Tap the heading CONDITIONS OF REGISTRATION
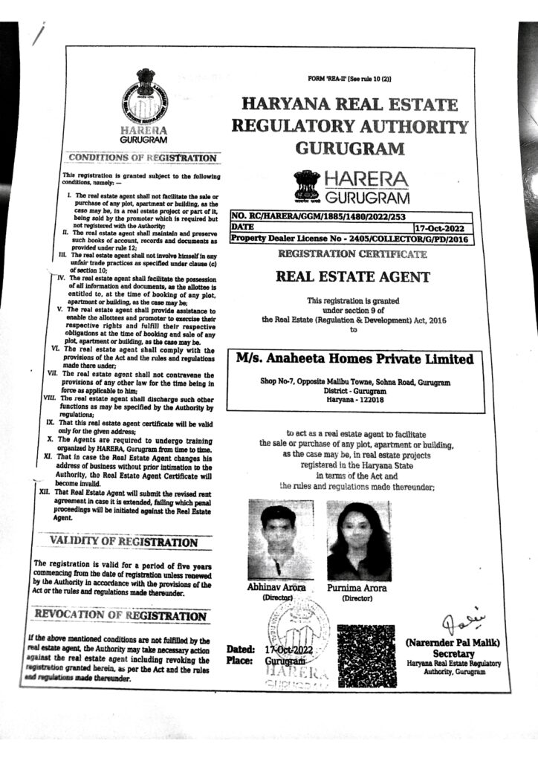tap(143, 158)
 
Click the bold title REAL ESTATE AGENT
tap(352, 278)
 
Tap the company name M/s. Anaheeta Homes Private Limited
tap(354, 359)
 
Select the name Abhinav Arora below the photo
tap(276, 587)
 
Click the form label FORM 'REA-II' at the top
tap(348, 79)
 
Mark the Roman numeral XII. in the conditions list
tap(44, 492)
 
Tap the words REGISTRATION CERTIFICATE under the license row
tap(352, 254)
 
